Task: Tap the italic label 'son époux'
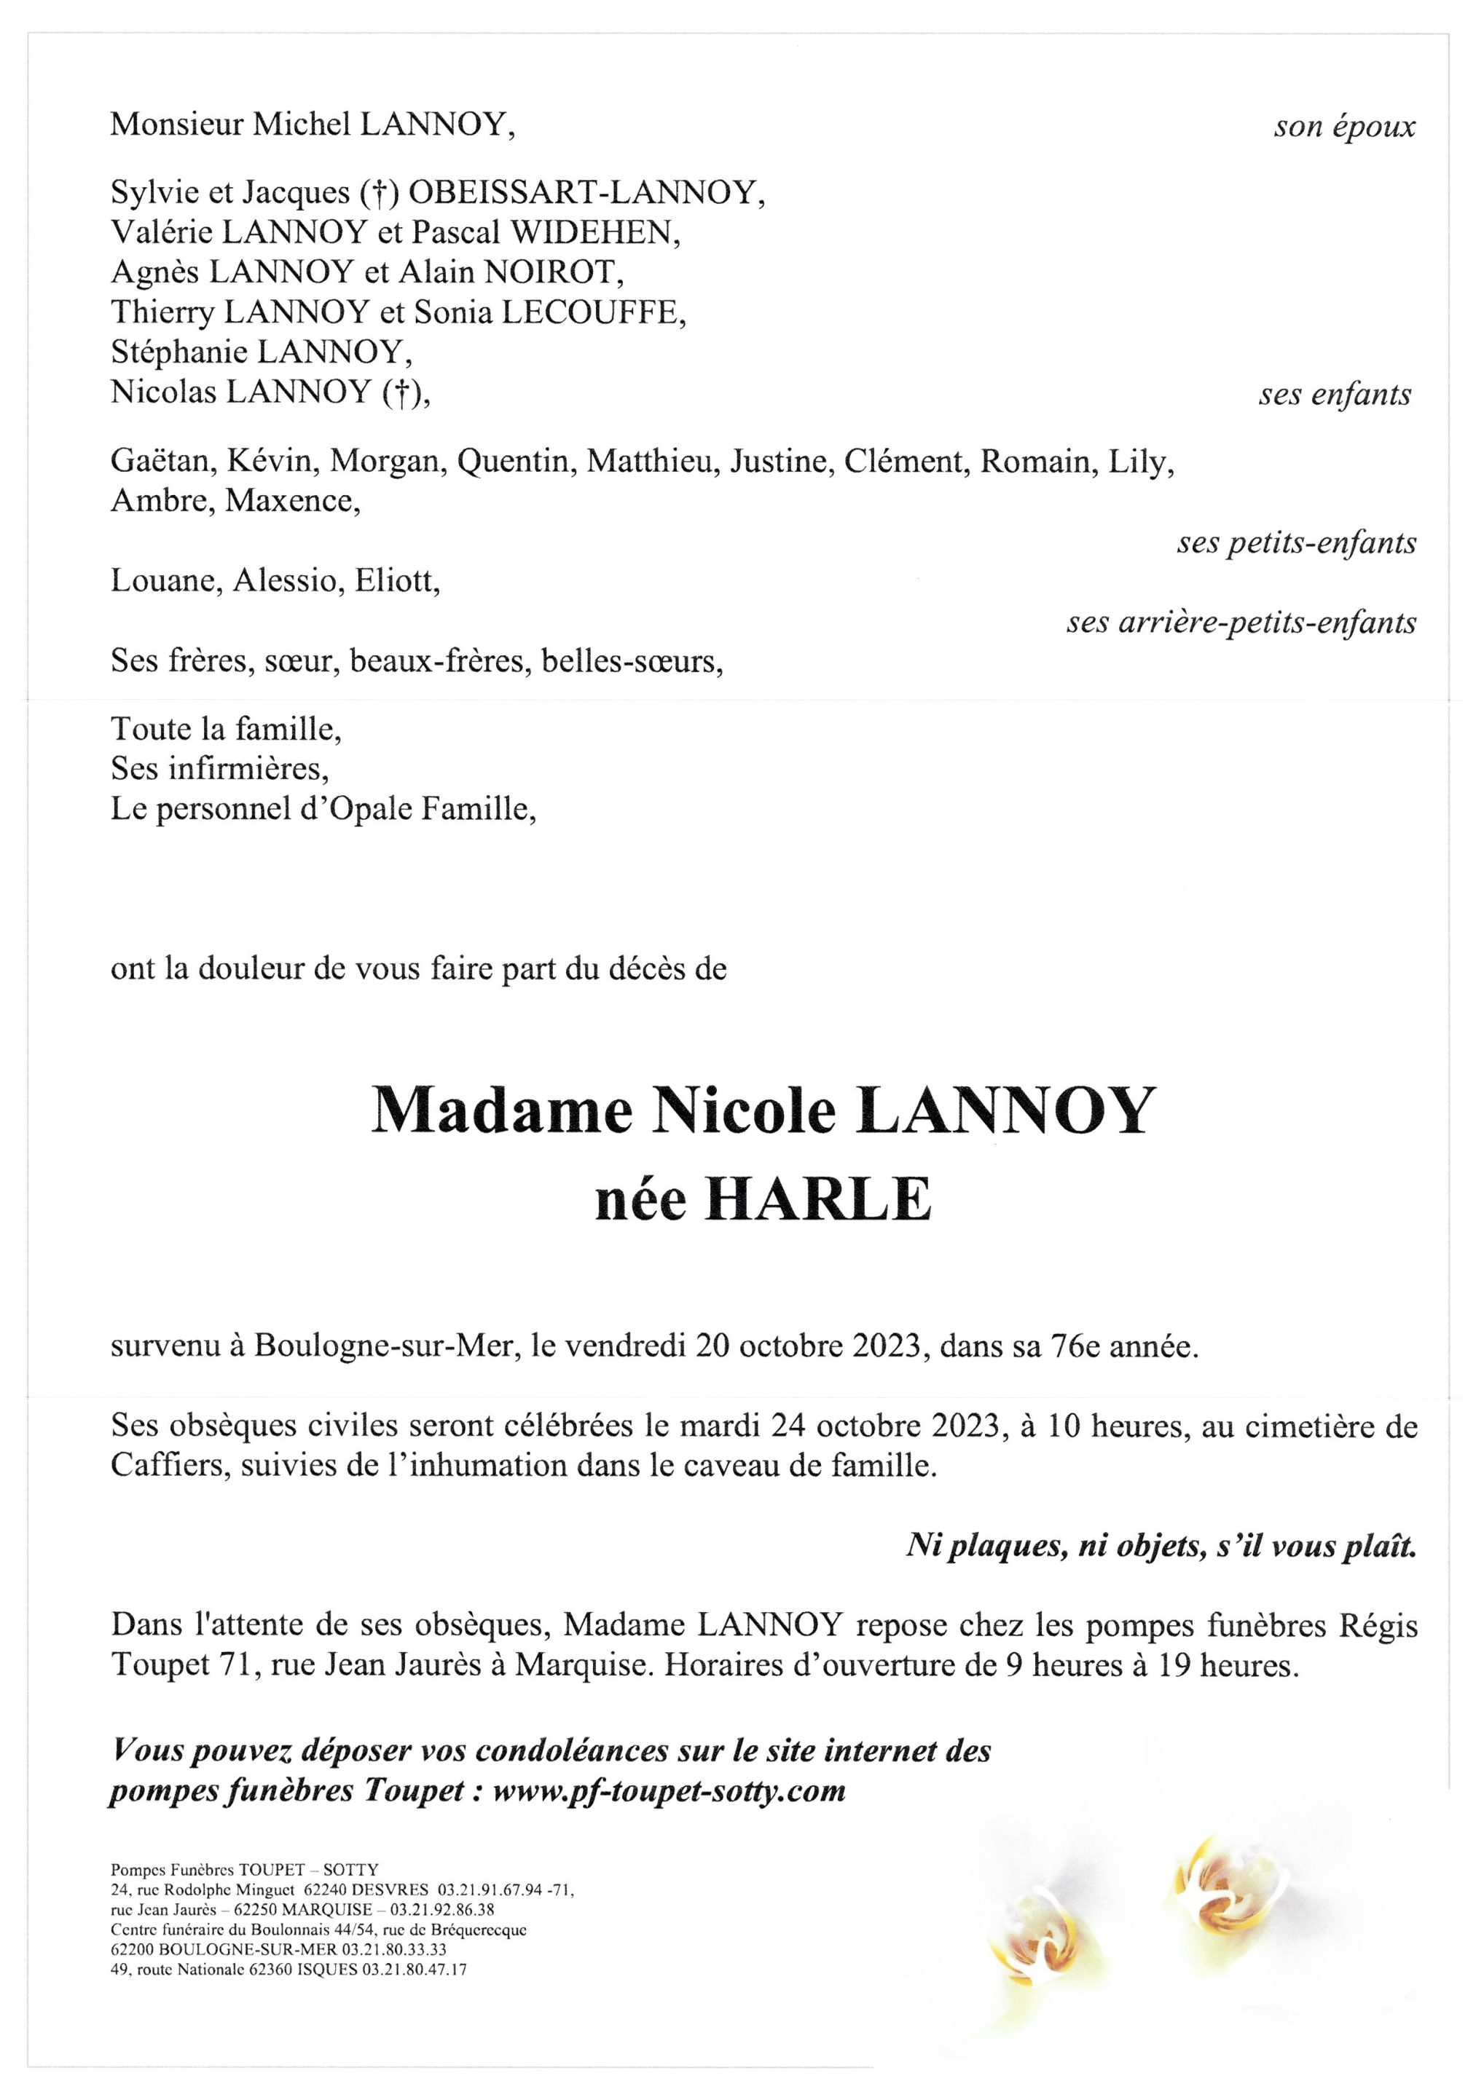point(1344,127)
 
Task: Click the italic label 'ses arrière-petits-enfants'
point(1241,623)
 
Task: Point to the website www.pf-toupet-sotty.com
point(669,1791)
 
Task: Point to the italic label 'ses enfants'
point(1334,395)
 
